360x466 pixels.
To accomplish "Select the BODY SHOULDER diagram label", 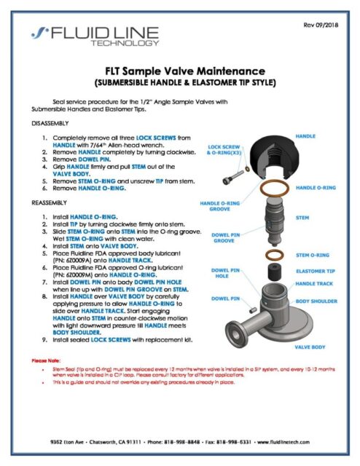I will tap(315, 299).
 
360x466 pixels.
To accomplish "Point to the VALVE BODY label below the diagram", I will tap(309, 347).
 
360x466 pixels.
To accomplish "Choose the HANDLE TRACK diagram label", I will tap(315, 284).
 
